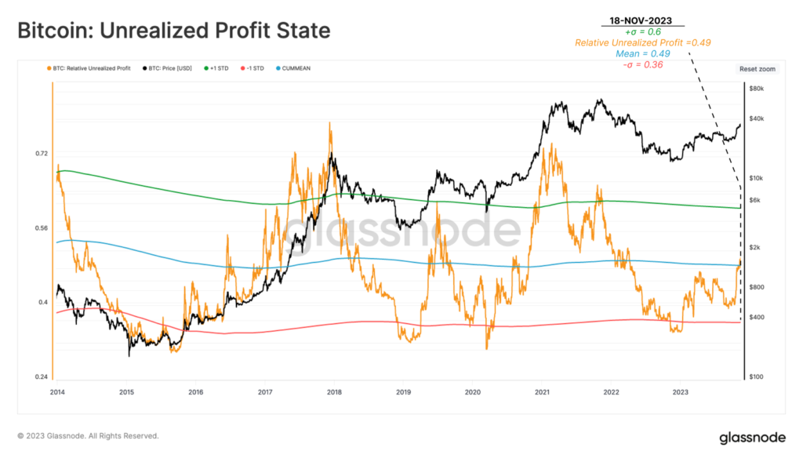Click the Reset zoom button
click(757, 69)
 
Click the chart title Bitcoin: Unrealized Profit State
click(174, 31)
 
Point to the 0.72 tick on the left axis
click(42, 154)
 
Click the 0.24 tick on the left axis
click(42, 377)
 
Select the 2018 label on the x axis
click(334, 391)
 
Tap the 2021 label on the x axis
click(542, 391)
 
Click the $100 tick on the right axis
click(758, 377)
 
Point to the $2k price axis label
click(756, 248)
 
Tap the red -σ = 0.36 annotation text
click(641, 64)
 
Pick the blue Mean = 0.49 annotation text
click(641, 53)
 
